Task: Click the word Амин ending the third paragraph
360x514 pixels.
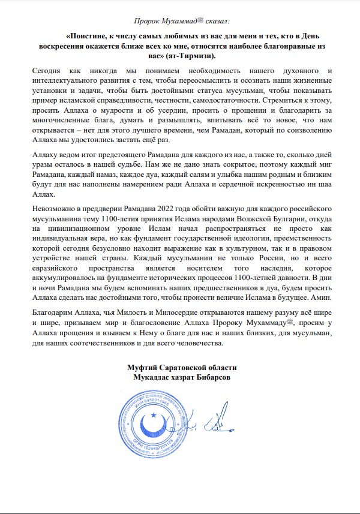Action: click(x=319, y=297)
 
